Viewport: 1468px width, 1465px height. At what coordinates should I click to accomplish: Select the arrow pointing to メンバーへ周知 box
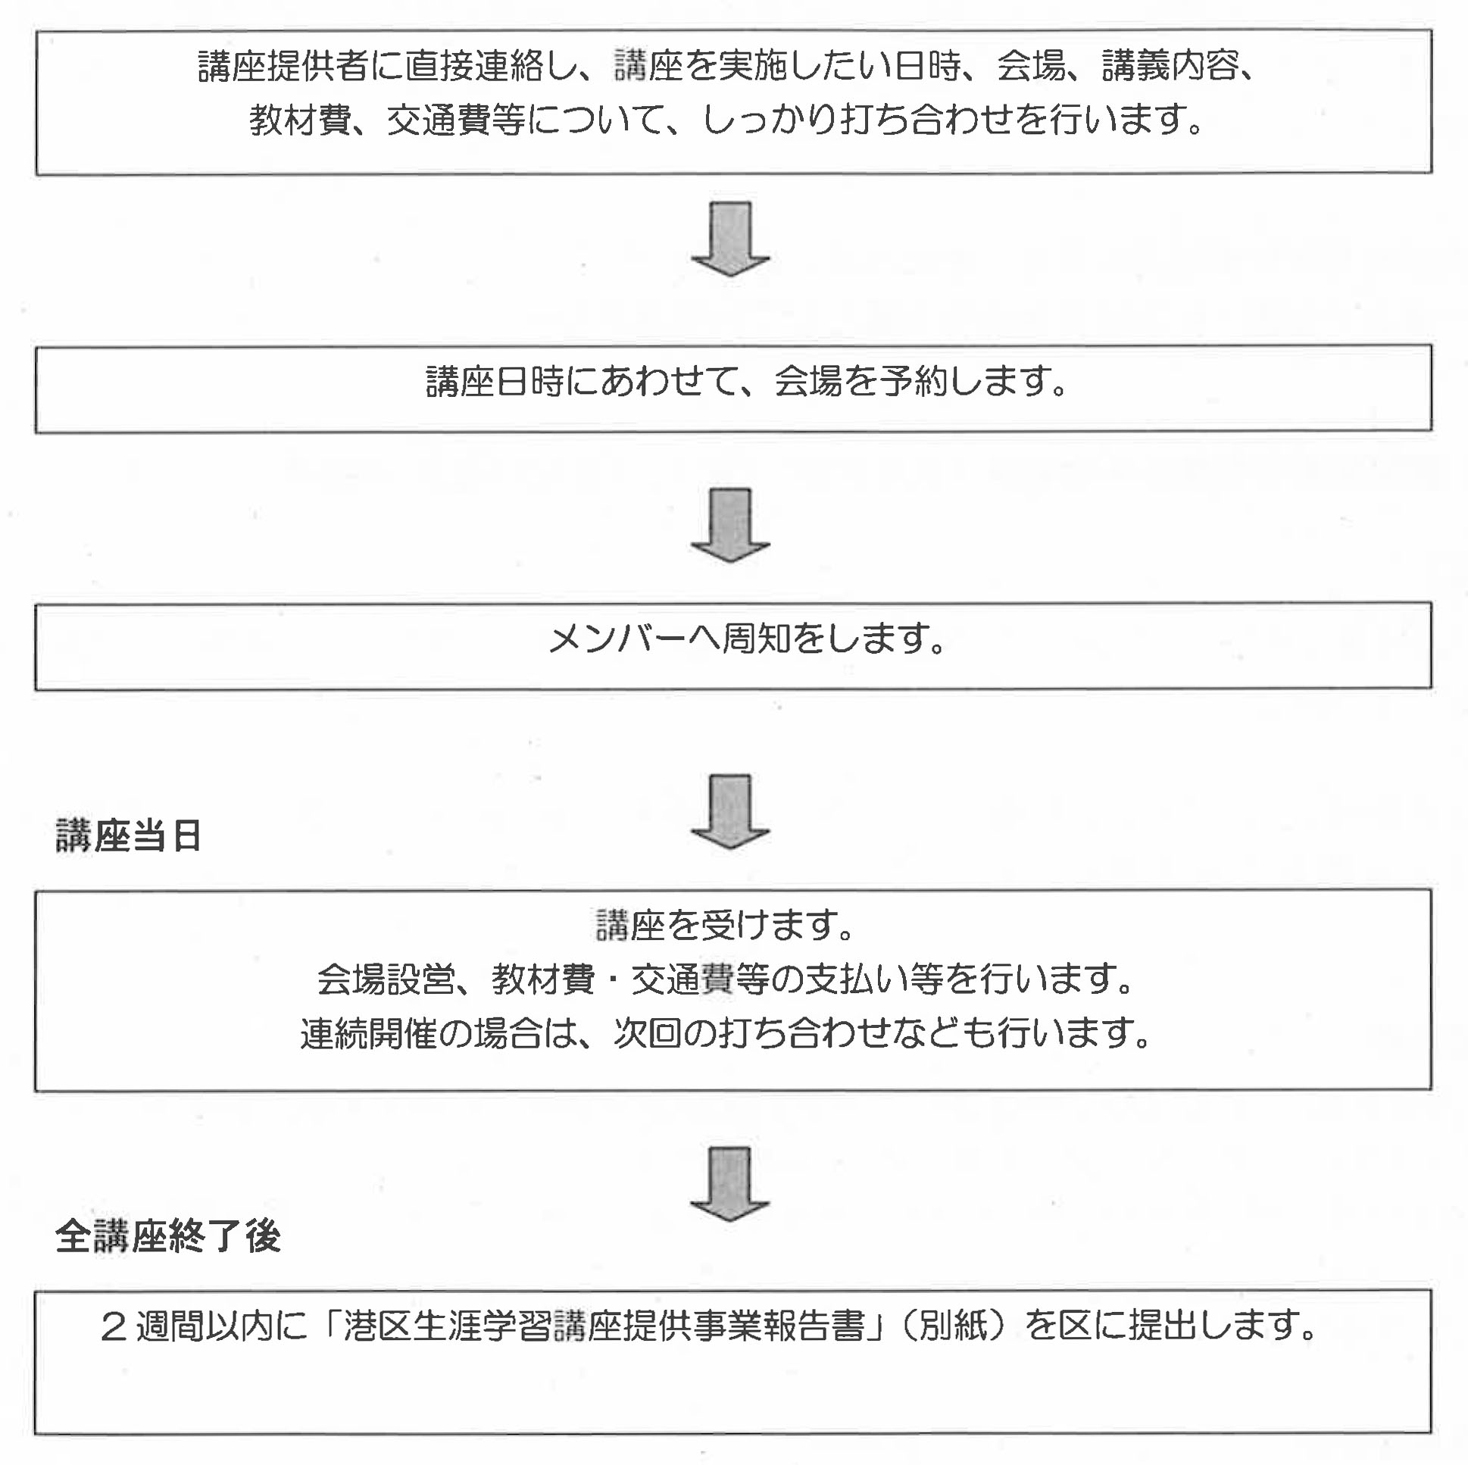(x=730, y=525)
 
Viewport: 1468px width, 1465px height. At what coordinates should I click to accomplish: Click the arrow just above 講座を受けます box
(x=730, y=811)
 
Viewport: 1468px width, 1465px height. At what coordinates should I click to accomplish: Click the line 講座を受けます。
(x=726, y=926)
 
